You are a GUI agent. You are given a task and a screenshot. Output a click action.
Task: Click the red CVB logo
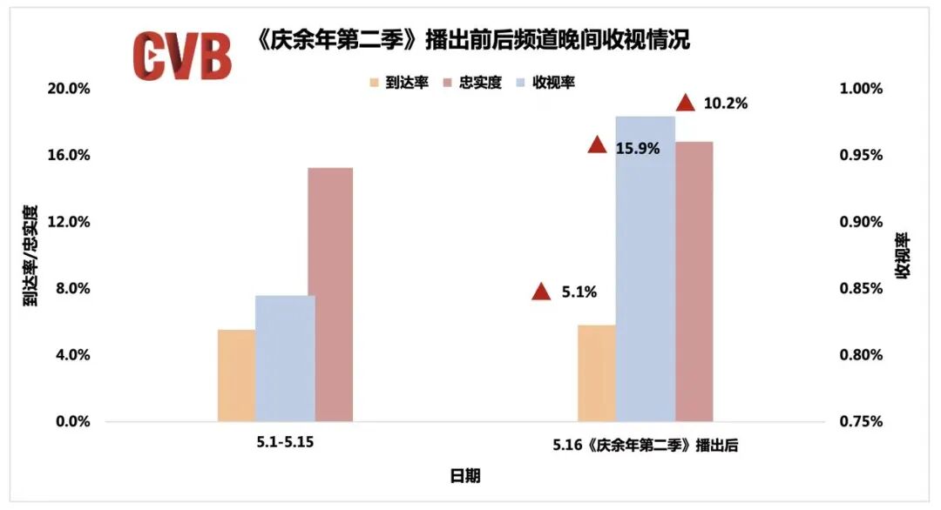coord(182,56)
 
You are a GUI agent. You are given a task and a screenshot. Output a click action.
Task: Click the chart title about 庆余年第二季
coord(474,40)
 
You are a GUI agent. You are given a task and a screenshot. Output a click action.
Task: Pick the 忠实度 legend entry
coord(472,83)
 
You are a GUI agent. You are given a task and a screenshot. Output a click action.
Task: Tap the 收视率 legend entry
coord(546,83)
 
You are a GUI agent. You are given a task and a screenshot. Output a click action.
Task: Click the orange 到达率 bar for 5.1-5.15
coord(236,375)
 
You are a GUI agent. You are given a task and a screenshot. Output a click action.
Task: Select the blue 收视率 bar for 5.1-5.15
coord(285,358)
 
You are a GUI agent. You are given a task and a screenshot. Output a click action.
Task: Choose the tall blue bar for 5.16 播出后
coord(645,268)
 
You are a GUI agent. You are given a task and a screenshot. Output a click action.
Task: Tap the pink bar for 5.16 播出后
coord(694,281)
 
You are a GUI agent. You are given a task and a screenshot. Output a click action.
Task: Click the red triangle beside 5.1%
coord(541,292)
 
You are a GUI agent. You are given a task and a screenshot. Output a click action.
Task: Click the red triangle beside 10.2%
coord(686,103)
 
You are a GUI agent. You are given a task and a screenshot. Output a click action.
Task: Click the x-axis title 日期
coord(465,475)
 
